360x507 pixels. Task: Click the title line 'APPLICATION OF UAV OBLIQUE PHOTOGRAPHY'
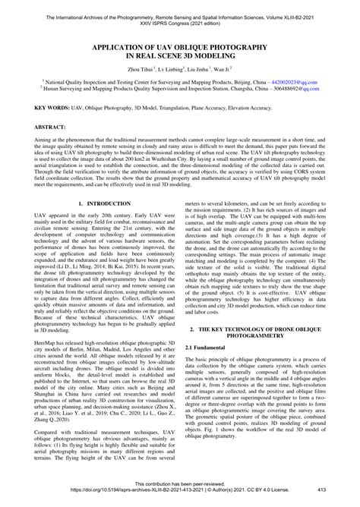179,46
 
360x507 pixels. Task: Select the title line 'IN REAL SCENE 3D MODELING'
179,55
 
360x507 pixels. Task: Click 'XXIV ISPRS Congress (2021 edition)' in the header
179,14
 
